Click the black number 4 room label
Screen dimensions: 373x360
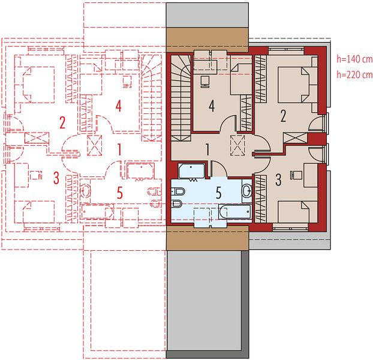212,106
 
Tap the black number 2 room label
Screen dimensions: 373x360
283,116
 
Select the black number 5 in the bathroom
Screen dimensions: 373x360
218,193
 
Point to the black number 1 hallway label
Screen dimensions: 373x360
207,150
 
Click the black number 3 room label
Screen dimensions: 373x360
278,180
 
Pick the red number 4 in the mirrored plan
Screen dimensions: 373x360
119,106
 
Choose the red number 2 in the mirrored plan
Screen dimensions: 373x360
62,123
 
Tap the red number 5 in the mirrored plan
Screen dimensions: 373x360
120,193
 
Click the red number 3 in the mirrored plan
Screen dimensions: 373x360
56,178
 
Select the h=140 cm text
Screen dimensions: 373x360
354,59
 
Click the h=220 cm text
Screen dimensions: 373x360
354,74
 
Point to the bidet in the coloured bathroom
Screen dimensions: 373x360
177,203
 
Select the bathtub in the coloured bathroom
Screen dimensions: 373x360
235,212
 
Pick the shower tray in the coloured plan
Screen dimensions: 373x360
191,171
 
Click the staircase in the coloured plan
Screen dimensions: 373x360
181,98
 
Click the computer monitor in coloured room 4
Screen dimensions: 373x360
204,82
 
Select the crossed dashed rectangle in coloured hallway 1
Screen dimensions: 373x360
237,145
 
